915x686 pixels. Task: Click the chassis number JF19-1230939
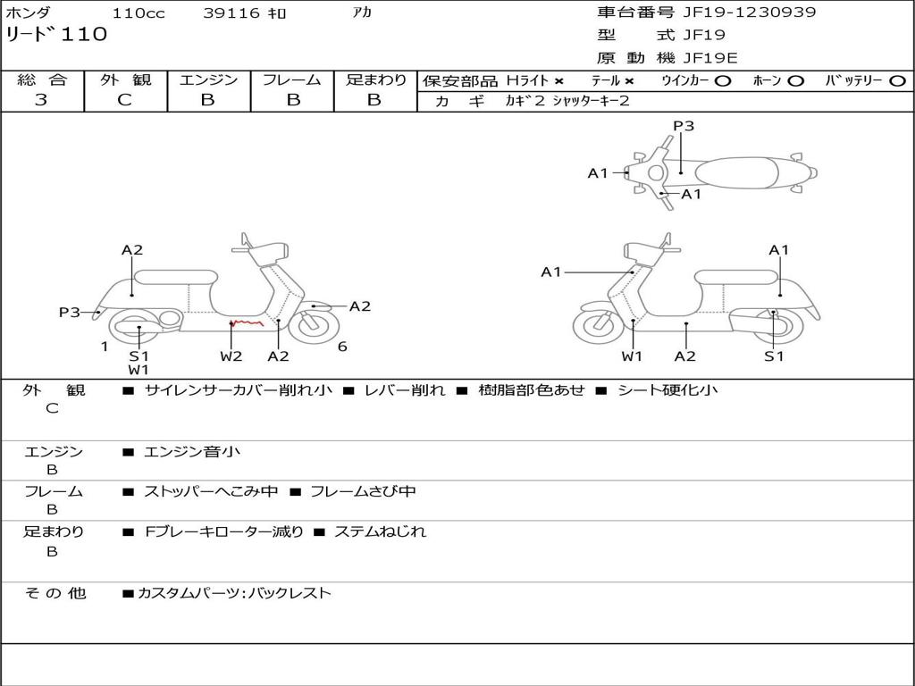[750, 12]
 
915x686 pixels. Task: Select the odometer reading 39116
[231, 13]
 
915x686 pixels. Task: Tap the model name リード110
[56, 35]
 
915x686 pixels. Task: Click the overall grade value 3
[41, 100]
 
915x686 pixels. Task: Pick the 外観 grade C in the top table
[124, 100]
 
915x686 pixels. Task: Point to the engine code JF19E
[710, 58]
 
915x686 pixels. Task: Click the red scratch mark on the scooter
[247, 323]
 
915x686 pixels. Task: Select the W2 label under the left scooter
[231, 356]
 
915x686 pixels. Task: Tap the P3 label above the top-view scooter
[684, 126]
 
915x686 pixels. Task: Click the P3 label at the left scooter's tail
[69, 312]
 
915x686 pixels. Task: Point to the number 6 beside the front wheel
[342, 347]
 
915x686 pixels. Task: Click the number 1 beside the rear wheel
[105, 347]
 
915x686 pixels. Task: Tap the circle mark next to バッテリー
[898, 81]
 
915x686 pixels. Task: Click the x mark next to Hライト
[559, 81]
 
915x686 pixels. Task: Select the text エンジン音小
[191, 451]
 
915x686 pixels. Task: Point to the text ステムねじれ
[380, 531]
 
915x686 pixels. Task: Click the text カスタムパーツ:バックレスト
[234, 593]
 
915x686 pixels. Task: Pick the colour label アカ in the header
[362, 12]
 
